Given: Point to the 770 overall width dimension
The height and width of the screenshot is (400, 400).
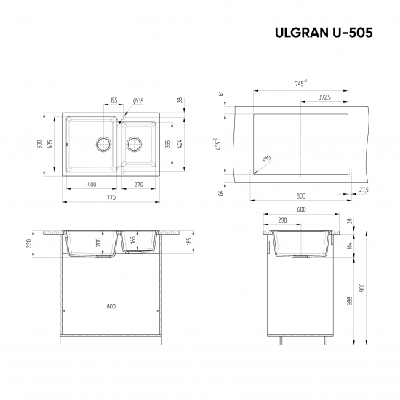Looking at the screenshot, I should coord(111,198).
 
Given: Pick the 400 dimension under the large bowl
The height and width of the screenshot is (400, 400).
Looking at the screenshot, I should coord(91,185).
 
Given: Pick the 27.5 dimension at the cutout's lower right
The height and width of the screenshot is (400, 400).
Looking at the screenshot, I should coord(363,190).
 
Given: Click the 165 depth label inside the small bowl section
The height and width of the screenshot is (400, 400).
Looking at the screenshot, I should coord(133,239).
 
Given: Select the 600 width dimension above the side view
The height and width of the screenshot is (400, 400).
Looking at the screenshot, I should coord(300,210).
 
